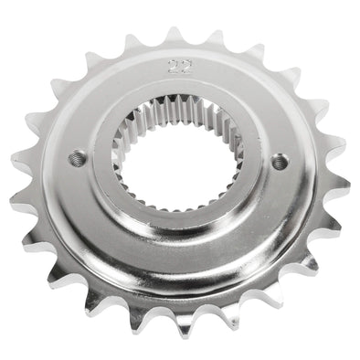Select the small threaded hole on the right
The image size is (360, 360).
[280, 162]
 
